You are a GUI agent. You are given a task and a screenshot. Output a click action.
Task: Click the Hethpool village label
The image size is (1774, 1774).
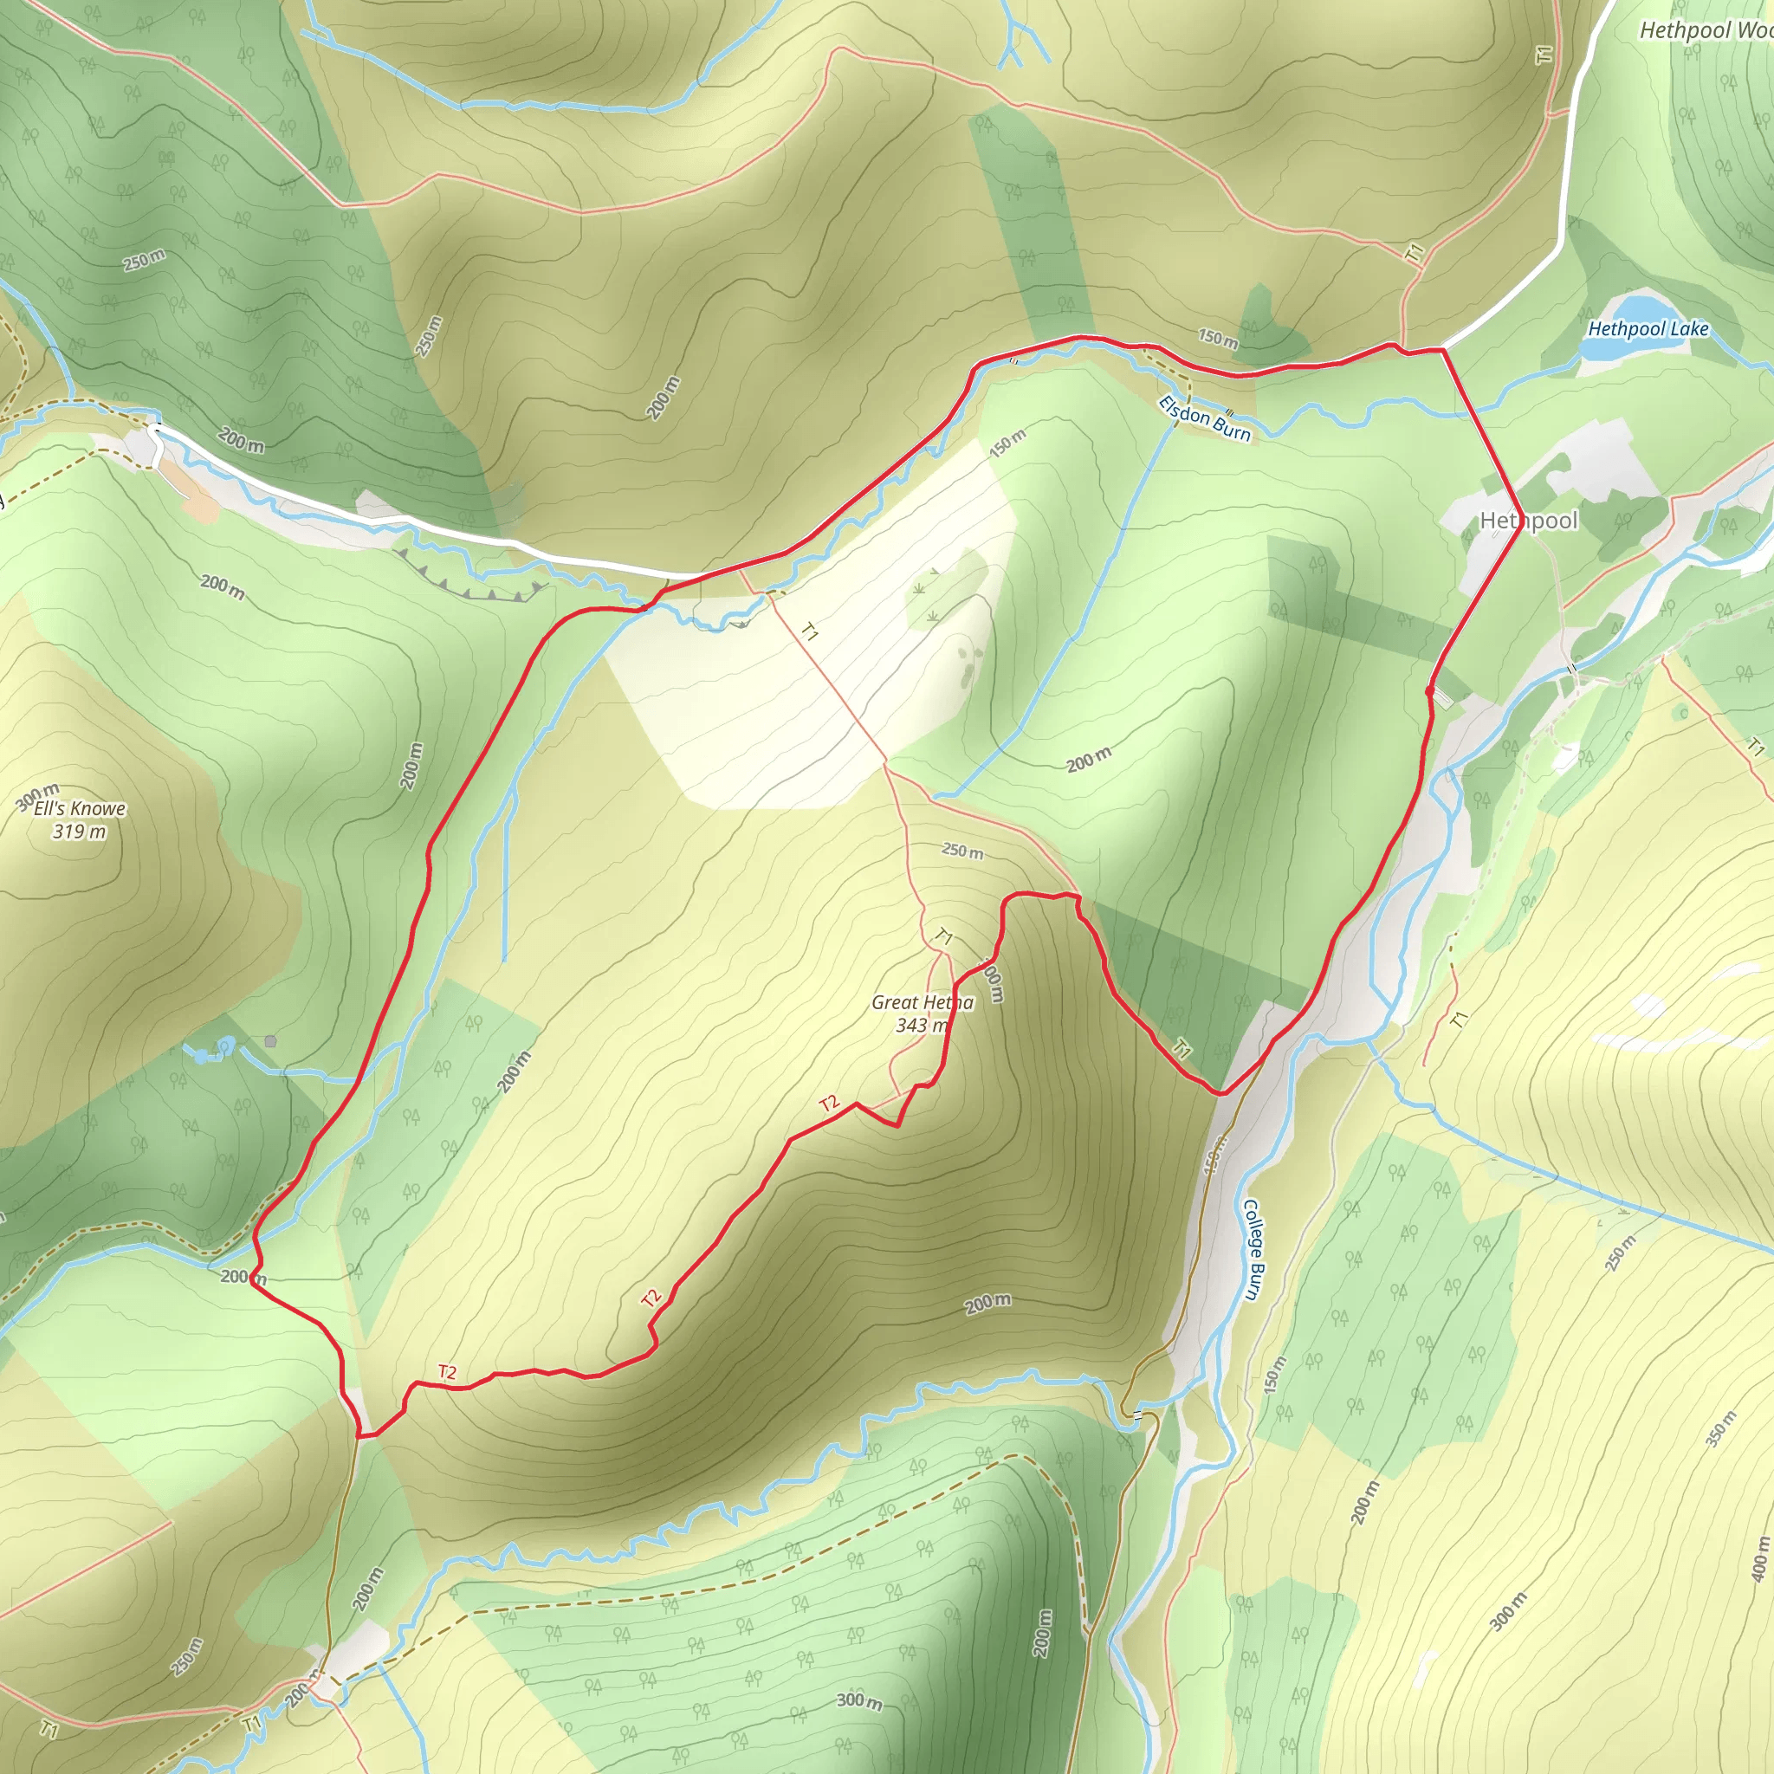[x=1528, y=521]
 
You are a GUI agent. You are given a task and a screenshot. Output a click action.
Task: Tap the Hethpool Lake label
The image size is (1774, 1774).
[x=1648, y=328]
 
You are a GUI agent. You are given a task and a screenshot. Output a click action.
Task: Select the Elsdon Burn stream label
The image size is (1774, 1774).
[x=1204, y=418]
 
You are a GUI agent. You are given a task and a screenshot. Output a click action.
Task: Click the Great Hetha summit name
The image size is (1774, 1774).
[x=922, y=1002]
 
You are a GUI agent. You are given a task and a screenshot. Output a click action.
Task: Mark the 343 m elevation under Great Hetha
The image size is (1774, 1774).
[x=921, y=1025]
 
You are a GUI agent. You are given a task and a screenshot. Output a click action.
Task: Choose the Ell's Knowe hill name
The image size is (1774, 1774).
[x=80, y=808]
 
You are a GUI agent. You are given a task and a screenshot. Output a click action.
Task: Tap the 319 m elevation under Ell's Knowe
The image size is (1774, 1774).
[x=79, y=832]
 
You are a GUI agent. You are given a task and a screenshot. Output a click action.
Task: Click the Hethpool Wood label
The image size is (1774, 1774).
[x=1706, y=30]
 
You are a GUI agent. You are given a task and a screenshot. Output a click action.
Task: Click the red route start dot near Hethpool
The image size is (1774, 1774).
[x=1429, y=690]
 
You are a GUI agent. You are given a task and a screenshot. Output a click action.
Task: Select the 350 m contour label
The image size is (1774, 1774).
[x=1721, y=1428]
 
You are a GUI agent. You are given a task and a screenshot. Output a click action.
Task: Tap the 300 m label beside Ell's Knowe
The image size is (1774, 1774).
[x=37, y=797]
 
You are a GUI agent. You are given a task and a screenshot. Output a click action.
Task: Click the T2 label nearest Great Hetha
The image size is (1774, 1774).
[x=829, y=1103]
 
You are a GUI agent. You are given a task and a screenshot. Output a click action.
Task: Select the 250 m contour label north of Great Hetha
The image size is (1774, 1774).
[x=962, y=851]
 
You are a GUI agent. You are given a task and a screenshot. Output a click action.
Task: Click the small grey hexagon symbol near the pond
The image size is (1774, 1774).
[x=270, y=1041]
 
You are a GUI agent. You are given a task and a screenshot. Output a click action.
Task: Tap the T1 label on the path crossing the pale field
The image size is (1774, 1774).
[x=809, y=631]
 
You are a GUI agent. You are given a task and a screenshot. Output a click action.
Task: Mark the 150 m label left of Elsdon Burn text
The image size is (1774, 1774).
[x=1007, y=443]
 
